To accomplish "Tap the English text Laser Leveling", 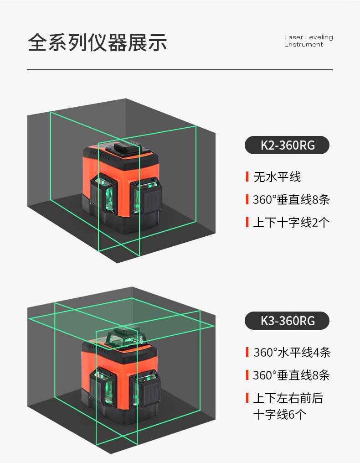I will click(x=309, y=37).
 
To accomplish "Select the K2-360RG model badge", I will click(x=287, y=145).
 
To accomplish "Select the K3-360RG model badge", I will click(x=287, y=321).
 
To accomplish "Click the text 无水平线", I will click(x=277, y=177).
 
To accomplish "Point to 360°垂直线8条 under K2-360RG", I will click(x=291, y=199).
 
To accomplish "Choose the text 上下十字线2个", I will click(x=291, y=222).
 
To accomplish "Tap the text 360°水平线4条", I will click(x=292, y=352).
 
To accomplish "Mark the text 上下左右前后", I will click(x=288, y=398).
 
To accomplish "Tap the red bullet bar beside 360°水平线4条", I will click(x=247, y=352).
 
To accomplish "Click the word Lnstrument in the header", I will click(x=303, y=44).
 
